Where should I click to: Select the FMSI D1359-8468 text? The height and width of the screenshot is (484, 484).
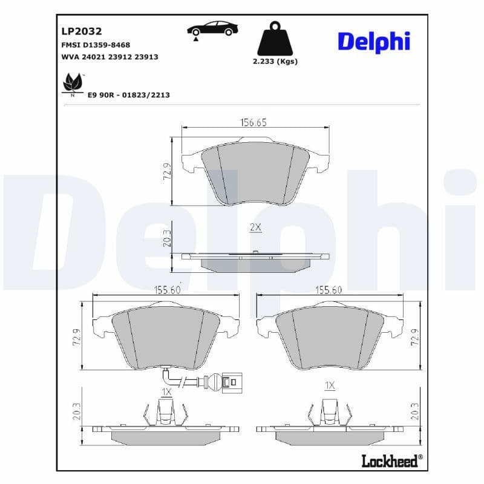[96, 45]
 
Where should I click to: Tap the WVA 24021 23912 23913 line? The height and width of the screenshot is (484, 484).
[110, 57]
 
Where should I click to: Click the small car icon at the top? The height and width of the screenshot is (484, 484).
[212, 28]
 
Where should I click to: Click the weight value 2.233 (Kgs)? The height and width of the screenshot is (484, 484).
[275, 61]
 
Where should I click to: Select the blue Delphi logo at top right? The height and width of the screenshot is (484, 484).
[373, 41]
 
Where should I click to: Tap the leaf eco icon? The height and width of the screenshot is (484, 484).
[73, 83]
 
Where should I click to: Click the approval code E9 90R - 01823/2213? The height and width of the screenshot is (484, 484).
[128, 95]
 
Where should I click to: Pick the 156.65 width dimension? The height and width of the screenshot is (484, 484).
[253, 122]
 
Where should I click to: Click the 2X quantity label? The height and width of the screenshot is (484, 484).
[255, 227]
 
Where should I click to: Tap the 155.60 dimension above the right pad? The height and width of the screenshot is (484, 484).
[329, 290]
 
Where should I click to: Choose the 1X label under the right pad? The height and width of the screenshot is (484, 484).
[330, 385]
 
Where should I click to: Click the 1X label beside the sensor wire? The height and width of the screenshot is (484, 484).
[166, 393]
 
